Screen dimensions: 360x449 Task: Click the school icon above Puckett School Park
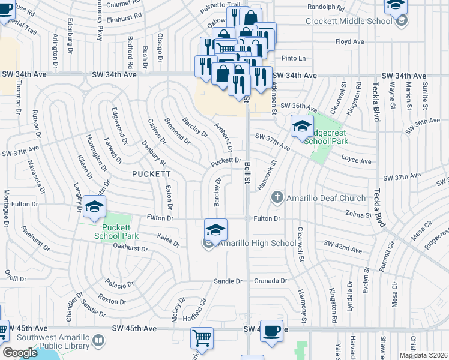point(94,207)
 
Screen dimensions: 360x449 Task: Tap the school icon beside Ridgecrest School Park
point(302,125)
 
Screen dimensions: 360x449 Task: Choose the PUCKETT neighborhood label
point(152,173)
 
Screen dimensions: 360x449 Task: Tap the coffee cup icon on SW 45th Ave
point(272,331)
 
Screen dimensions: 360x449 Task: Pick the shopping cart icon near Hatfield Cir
point(202,337)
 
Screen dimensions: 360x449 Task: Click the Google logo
point(20,352)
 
